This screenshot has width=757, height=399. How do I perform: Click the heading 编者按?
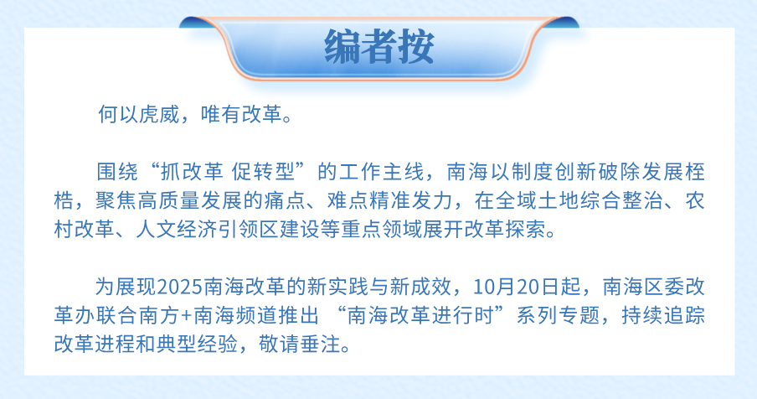[379, 46]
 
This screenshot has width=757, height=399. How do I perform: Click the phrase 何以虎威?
[139, 115]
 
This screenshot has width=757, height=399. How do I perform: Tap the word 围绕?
[117, 172]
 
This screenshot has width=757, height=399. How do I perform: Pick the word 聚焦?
[116, 200]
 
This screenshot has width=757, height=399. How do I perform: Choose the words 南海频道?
[235, 315]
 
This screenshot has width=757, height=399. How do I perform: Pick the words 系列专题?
[558, 315]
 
